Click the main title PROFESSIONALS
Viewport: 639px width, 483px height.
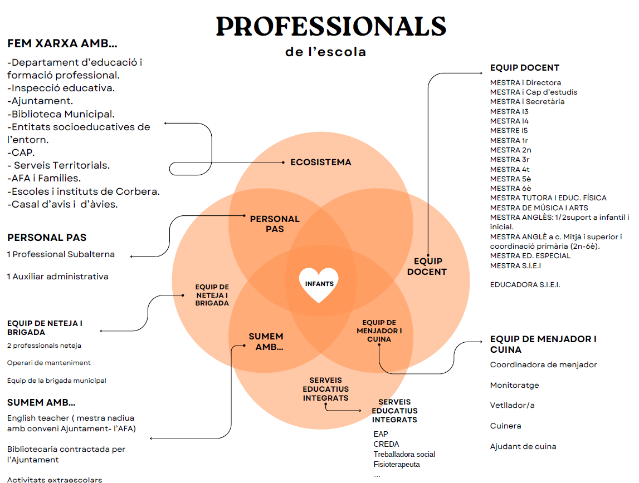(x=331, y=27)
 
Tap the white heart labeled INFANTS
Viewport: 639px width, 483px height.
(x=319, y=284)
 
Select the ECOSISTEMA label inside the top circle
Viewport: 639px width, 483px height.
(x=321, y=162)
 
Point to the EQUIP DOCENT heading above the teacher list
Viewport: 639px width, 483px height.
(x=524, y=68)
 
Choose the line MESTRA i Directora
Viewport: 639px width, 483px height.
(x=525, y=83)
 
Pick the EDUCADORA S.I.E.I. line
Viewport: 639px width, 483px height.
(x=525, y=285)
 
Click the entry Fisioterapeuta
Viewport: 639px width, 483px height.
(x=396, y=464)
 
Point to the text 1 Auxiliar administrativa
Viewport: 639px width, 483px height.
(x=58, y=277)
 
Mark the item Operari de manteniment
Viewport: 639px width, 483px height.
(x=49, y=363)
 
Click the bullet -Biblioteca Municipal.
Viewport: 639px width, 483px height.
(x=61, y=114)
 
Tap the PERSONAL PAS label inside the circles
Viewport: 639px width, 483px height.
(x=275, y=224)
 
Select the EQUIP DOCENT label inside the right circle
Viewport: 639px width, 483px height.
(x=427, y=267)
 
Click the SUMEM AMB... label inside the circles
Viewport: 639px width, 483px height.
(x=266, y=342)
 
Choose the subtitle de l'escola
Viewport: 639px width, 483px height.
(x=326, y=52)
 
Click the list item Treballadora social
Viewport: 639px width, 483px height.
(x=404, y=454)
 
